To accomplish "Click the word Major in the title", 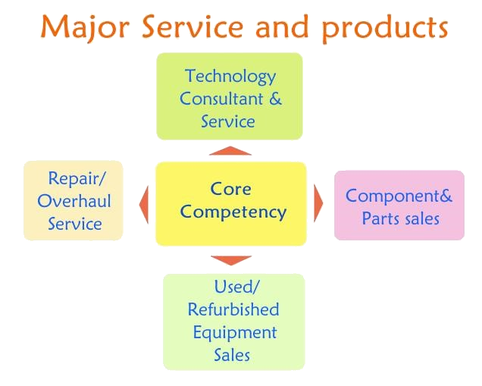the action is pyautogui.click(x=85, y=28).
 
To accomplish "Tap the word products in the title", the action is pyautogui.click(x=385, y=28).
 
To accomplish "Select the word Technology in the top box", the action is pyautogui.click(x=230, y=77).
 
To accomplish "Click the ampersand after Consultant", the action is pyautogui.click(x=275, y=99).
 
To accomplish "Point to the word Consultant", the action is pyautogui.click(x=221, y=99).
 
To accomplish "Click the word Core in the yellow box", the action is pyautogui.click(x=230, y=189).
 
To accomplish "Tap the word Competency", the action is pyautogui.click(x=233, y=212).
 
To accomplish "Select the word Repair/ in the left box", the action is pyautogui.click(x=77, y=178).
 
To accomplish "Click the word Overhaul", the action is pyautogui.click(x=74, y=201).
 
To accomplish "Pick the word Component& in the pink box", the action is pyautogui.click(x=399, y=196).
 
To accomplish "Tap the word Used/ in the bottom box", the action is pyautogui.click(x=236, y=287).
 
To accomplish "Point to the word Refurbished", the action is pyautogui.click(x=233, y=309).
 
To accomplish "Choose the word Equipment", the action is pyautogui.click(x=235, y=333).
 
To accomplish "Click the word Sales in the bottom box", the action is pyautogui.click(x=232, y=355).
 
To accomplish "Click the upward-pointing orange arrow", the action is pyautogui.click(x=230, y=151).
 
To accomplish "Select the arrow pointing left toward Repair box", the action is pyautogui.click(x=144, y=205).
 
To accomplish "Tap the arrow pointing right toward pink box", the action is pyautogui.click(x=318, y=203).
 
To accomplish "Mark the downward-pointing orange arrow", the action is pyautogui.click(x=231, y=260).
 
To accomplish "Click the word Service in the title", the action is pyautogui.click(x=192, y=27).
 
